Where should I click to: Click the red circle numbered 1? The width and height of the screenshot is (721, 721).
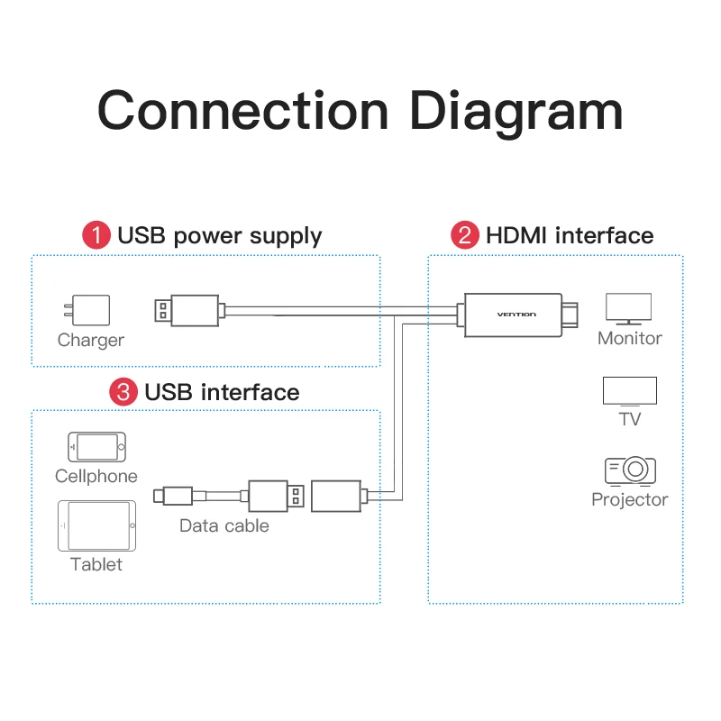coord(96,235)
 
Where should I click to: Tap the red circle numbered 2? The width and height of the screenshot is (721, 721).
coord(464,235)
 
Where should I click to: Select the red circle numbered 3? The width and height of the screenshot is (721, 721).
coord(123,392)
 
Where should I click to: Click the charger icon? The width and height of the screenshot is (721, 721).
coord(87,310)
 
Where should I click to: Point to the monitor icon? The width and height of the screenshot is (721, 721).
coord(628,309)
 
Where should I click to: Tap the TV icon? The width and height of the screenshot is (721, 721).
coord(629,391)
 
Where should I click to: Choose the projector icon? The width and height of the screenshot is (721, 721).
coord(630,470)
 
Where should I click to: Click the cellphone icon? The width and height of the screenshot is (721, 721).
coord(96,446)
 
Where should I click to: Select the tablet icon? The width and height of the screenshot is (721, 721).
coord(96,525)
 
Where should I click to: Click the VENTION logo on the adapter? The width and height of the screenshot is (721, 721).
coord(516,315)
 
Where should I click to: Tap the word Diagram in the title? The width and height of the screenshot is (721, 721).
coord(516,114)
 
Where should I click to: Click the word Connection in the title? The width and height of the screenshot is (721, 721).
coord(243,110)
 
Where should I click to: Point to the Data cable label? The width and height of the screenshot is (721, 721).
coord(224,525)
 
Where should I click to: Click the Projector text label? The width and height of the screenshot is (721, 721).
coord(629,500)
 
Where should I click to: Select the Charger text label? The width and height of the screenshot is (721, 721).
coord(91,341)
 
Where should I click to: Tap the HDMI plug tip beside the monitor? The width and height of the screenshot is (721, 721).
coord(570,315)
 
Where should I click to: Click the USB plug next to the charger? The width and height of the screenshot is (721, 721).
coord(187,310)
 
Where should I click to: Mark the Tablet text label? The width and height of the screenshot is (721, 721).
coord(96,564)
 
